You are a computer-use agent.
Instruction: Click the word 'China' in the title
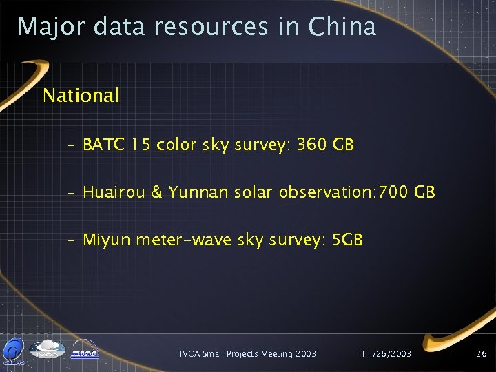[342, 27]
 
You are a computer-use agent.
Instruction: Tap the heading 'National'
[81, 95]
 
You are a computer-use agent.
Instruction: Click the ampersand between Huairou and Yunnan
[157, 193]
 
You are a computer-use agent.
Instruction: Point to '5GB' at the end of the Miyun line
[347, 240]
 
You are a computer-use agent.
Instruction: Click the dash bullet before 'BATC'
[72, 146]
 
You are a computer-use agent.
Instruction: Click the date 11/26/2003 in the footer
[386, 354]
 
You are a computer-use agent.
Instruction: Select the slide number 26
[481, 354]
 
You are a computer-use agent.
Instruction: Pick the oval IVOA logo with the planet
[48, 350]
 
